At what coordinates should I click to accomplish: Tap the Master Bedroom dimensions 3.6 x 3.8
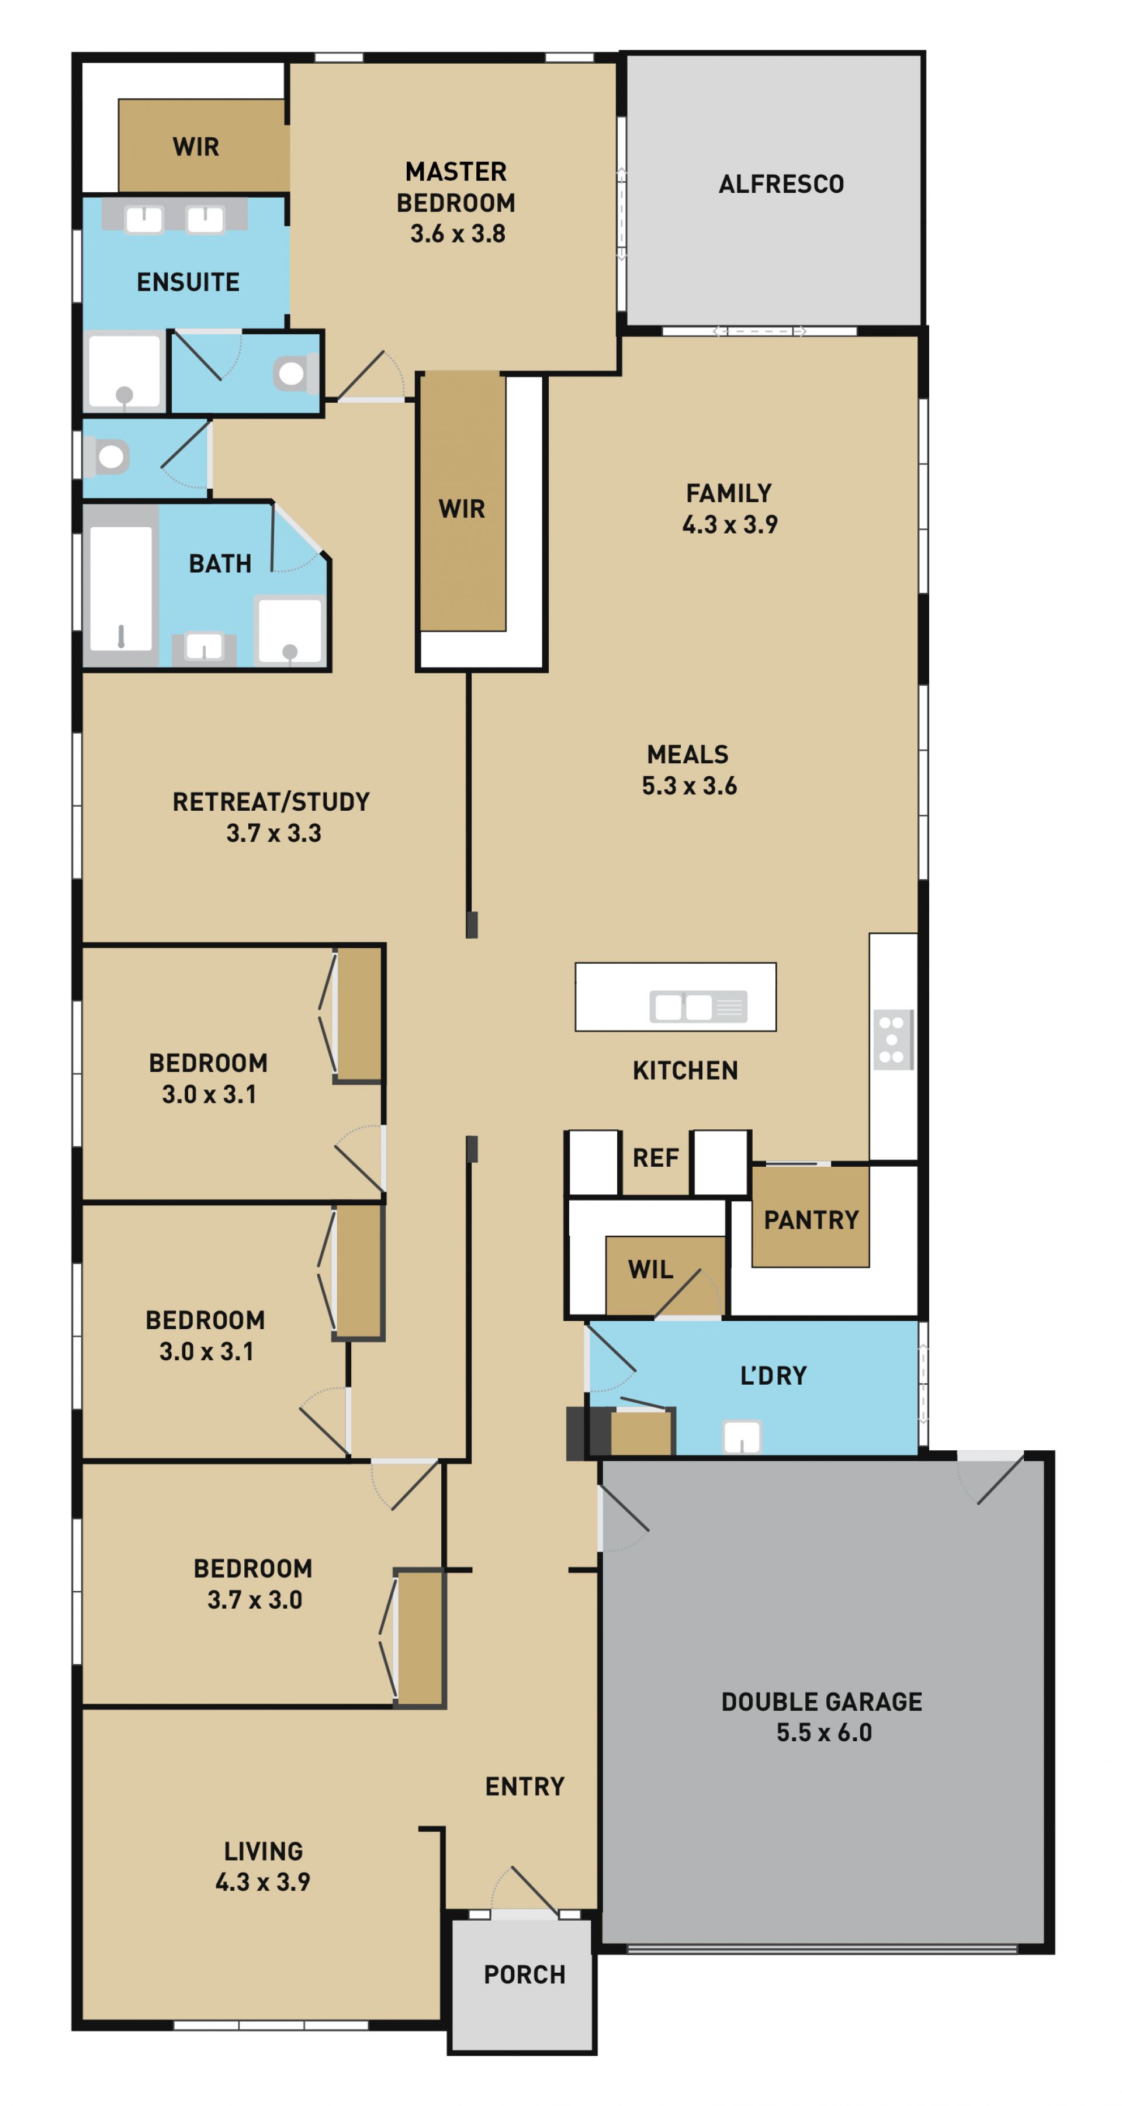[458, 234]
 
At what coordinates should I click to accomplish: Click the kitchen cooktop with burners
[892, 1040]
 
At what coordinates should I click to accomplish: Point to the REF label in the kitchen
[656, 1158]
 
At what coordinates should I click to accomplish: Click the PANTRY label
[811, 1220]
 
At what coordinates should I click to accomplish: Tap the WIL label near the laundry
[650, 1269]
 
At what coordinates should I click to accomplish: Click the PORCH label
[525, 1974]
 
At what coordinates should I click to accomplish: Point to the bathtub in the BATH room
[121, 588]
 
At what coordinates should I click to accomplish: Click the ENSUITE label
[188, 282]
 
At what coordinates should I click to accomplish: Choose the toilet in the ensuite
[293, 374]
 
